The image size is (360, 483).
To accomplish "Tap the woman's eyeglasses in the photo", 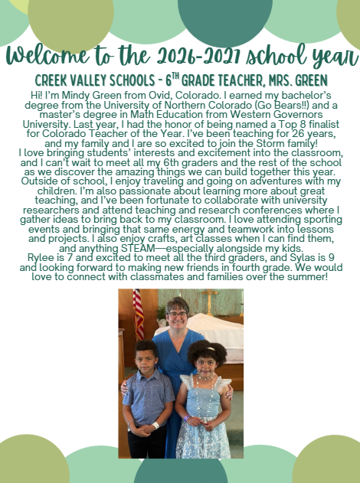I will (x=177, y=315).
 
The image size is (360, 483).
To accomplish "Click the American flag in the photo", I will (x=139, y=314).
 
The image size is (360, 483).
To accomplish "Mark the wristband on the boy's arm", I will (x=156, y=426).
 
